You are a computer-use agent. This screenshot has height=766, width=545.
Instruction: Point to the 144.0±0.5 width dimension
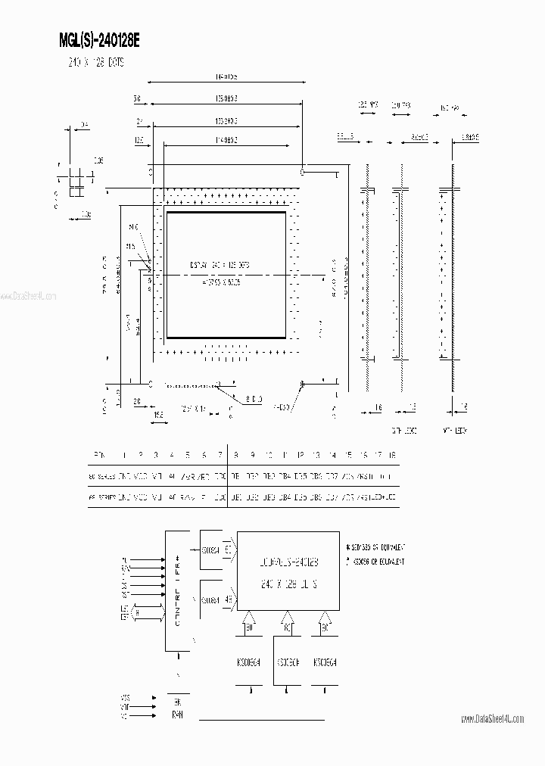click(x=227, y=77)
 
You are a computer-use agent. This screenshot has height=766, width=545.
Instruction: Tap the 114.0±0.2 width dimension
click(x=227, y=139)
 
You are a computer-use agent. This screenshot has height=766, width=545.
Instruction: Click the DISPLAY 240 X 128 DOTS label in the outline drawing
click(x=220, y=265)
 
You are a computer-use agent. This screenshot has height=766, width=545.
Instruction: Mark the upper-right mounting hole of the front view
click(x=302, y=172)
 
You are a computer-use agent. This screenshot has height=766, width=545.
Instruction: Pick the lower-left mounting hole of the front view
click(x=151, y=385)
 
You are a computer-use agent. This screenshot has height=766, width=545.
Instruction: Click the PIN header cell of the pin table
click(x=99, y=455)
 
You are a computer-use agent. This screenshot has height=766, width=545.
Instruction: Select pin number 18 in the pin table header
click(x=392, y=455)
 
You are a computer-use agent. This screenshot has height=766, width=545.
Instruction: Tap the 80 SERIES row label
click(x=100, y=478)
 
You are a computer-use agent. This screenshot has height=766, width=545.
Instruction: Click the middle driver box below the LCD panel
click(x=285, y=661)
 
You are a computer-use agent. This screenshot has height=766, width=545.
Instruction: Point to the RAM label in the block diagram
click(x=177, y=714)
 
